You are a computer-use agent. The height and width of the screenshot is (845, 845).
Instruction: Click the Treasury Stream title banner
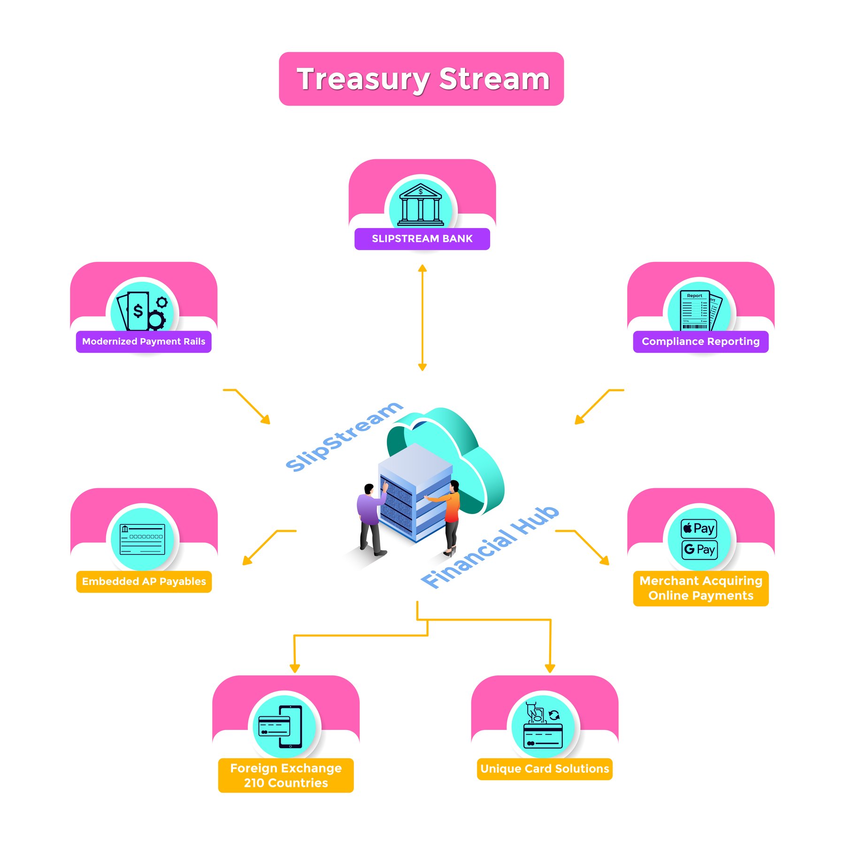[421, 79]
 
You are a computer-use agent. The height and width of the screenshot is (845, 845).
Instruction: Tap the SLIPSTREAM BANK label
[422, 239]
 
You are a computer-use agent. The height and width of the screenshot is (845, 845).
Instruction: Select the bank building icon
[421, 205]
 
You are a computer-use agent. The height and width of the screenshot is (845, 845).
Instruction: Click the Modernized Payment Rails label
[144, 342]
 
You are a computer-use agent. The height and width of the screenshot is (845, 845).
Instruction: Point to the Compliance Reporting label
[700, 342]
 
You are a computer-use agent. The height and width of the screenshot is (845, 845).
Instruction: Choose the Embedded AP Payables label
[144, 582]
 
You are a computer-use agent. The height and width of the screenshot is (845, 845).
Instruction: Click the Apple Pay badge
[699, 529]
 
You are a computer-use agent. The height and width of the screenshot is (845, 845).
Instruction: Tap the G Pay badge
[699, 550]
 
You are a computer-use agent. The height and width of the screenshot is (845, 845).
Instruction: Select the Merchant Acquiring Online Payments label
[700, 588]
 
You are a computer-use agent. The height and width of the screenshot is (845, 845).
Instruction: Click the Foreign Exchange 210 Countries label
[286, 776]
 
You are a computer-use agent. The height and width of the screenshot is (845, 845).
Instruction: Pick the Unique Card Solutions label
[545, 769]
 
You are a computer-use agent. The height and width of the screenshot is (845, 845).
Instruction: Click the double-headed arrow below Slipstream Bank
[422, 318]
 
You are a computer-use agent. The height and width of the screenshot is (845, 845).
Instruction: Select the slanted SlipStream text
[344, 437]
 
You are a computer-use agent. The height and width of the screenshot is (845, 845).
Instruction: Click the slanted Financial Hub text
[490, 547]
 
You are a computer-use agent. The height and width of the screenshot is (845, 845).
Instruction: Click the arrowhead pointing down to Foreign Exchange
[295, 668]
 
